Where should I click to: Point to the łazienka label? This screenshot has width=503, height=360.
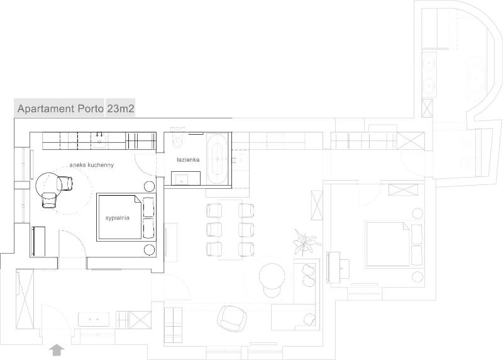pyautogui.click(x=188, y=160)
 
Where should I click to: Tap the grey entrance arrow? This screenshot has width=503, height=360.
pyautogui.click(x=58, y=348)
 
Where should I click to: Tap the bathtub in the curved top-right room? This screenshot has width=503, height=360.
pyautogui.click(x=475, y=76)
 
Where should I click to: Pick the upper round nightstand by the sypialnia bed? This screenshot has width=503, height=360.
pyautogui.click(x=150, y=187)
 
